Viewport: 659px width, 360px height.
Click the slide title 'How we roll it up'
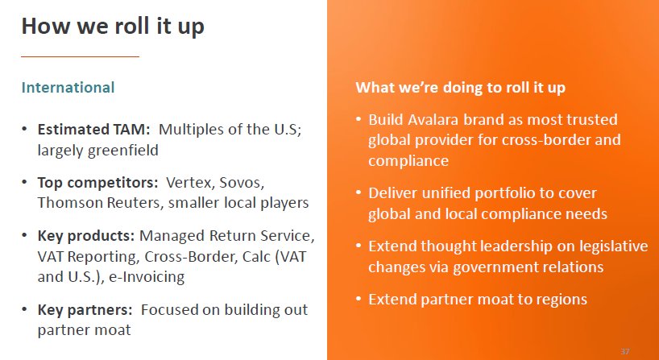pyautogui.click(x=113, y=27)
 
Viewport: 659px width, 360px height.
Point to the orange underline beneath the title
pyautogui.click(x=80, y=56)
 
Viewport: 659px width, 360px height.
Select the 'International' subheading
pyautogui.click(x=68, y=87)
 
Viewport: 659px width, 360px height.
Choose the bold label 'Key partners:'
pyautogui.click(x=85, y=309)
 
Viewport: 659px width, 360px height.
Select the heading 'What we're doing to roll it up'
pyautogui.click(x=466, y=87)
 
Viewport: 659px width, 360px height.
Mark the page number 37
pyautogui.click(x=625, y=352)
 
